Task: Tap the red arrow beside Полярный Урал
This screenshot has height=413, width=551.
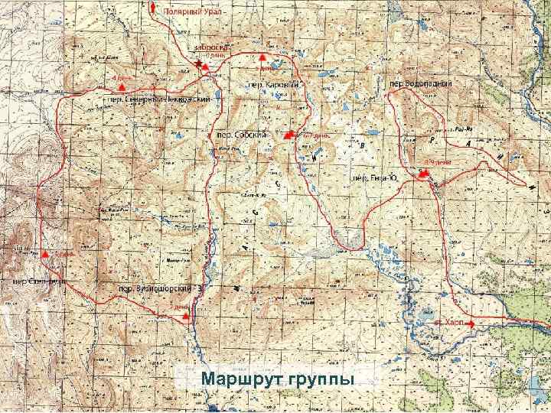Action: coord(154,8)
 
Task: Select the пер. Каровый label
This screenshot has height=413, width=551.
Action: coord(272,84)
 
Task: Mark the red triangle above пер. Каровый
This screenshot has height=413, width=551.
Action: coord(262,57)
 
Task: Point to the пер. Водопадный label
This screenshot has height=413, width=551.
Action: coord(421,83)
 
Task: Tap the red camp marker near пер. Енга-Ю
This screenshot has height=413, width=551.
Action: coord(423,174)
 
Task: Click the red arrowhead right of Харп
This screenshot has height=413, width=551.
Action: coord(472,324)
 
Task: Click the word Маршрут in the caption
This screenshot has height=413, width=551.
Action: coord(237,379)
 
